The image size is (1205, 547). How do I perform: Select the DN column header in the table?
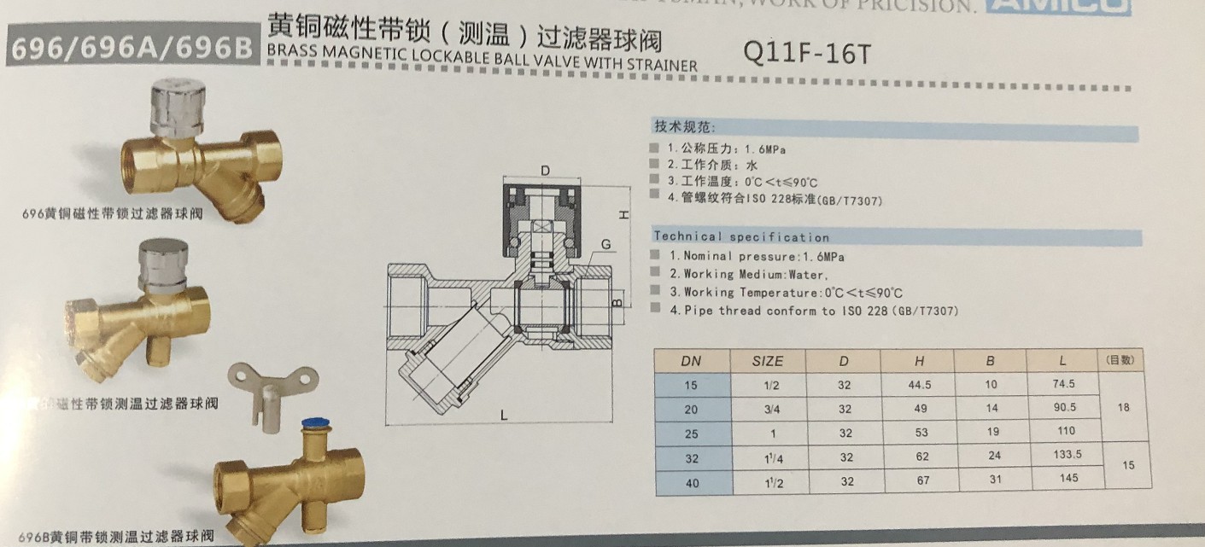691,361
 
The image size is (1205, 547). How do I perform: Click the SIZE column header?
767,361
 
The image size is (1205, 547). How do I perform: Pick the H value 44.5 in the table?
920,385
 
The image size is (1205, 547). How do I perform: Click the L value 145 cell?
1068,479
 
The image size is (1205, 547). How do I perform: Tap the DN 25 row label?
691,434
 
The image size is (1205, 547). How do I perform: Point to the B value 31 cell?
994,480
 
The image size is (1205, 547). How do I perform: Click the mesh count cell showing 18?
1123,408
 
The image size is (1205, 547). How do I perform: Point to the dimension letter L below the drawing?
504,416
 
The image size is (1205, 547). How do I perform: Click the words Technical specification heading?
740,237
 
